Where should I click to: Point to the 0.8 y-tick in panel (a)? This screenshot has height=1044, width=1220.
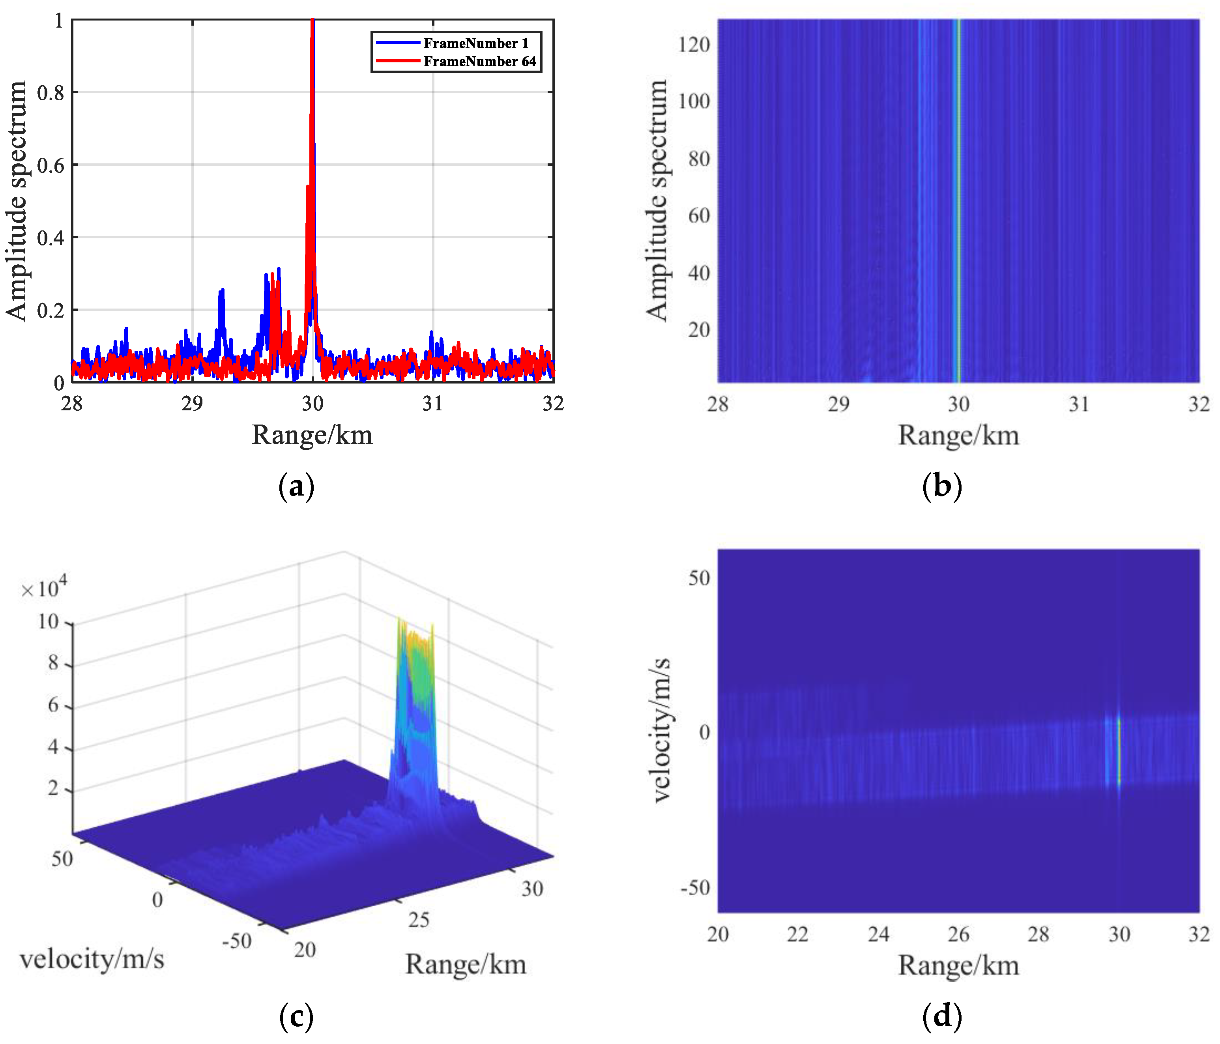pos(51,92)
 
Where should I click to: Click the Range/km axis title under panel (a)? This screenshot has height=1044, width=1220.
pos(312,436)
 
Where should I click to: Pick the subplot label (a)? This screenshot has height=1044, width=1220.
pos(296,486)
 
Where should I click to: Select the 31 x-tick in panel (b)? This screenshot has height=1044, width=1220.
pos(1079,404)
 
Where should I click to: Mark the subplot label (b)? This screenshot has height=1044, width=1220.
pos(942,486)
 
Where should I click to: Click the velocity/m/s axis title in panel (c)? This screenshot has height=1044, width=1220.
pos(92,959)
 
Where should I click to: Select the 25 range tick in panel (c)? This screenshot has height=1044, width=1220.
pos(419,919)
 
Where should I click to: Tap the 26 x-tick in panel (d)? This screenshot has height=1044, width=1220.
pos(958,934)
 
